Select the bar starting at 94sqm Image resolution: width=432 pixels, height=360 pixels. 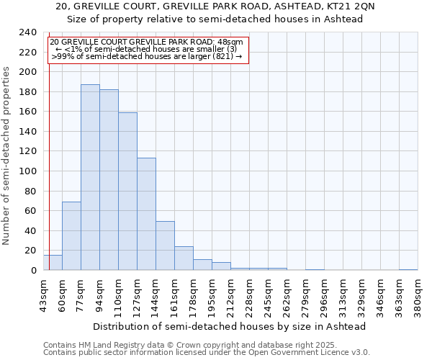[109, 180]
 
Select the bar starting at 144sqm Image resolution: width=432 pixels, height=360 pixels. [165, 246]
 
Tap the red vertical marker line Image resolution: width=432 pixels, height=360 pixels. [48, 144]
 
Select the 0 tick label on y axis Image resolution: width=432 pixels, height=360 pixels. [33, 270]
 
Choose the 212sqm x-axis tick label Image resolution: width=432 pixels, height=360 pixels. [230, 294]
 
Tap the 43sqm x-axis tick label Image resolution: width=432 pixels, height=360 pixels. [43, 294]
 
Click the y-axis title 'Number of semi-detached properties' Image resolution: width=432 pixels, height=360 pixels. [7, 156]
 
